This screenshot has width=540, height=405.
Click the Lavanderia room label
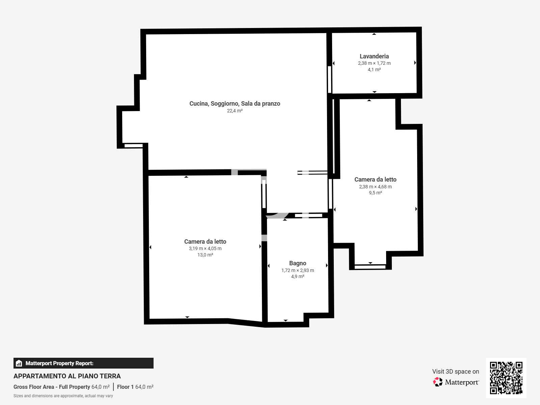374,56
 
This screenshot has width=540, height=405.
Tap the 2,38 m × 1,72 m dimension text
374,63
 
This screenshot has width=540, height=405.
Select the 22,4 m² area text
235,111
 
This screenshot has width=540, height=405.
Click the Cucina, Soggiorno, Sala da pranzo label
235,104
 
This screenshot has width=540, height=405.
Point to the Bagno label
297,263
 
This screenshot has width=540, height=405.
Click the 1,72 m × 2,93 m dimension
297,270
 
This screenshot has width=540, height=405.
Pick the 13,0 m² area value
205,255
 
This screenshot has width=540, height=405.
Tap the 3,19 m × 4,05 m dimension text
205,248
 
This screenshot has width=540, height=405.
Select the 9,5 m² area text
375,193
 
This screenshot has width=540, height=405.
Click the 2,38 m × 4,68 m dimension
375,187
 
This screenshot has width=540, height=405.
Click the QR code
506,378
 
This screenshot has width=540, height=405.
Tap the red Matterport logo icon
438,382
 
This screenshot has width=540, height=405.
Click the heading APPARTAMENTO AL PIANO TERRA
67,376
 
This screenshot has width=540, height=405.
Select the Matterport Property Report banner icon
19,363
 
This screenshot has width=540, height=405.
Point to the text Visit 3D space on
455,371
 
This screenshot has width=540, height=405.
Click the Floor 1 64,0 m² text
135,387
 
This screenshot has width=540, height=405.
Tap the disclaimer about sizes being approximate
63,396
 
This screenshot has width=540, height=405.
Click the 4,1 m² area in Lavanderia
374,70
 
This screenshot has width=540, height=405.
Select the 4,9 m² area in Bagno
297,276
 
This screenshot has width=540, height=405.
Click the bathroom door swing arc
278,216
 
